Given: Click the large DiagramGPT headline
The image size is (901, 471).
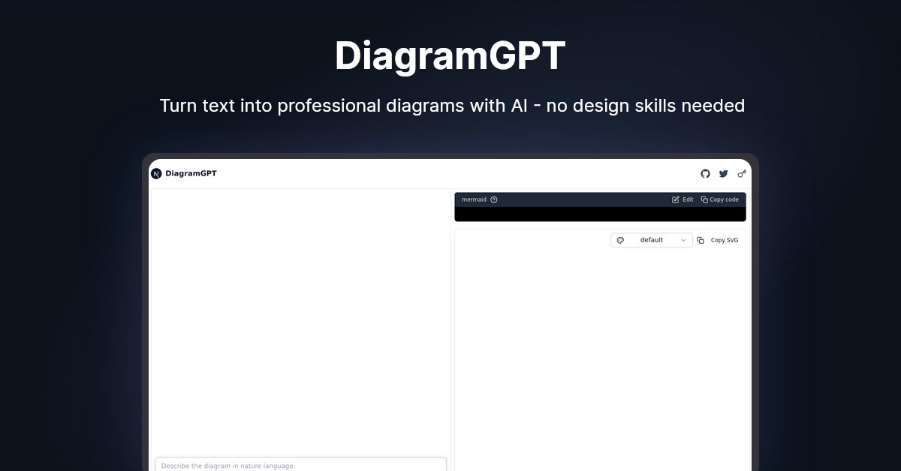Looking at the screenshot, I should pos(450,56).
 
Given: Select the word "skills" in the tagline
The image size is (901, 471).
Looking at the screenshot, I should pos(652,106).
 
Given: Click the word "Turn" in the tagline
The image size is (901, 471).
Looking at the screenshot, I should pos(178,106).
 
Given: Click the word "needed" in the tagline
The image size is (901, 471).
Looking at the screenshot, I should pos(713,106).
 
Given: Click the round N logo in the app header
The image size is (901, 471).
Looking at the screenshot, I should pos(156,174).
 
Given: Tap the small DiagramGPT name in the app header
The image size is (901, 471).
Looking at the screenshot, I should pos(191,174).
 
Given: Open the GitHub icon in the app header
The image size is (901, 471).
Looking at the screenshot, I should pos(705,174).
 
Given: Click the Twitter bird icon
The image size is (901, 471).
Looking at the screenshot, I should pos(723,174).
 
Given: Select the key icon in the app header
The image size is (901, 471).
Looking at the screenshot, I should pos(742,174).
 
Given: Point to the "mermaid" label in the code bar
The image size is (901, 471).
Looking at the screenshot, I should pos(474,199).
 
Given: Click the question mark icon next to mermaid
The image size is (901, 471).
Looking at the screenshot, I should pos(493,199).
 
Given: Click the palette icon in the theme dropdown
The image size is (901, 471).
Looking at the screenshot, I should pos(620,240).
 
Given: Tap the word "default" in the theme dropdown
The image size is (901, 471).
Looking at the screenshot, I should pos(651,240).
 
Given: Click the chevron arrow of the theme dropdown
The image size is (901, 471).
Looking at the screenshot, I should pos(683,240).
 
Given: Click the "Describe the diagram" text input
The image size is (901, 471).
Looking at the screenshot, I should pos(300,465).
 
